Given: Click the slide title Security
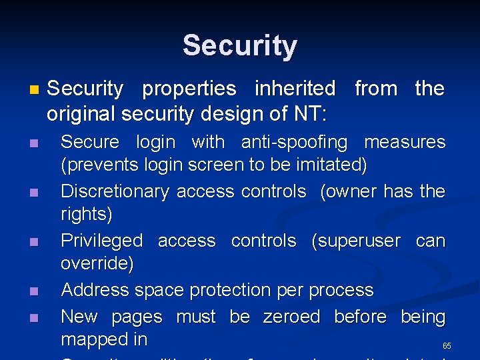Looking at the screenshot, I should pos(240,46).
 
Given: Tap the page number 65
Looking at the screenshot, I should pos(447,346).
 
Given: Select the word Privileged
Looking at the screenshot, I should pos(101,241).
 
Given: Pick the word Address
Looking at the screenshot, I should pos(93,290).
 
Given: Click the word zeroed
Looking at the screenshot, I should pos(292,317).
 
